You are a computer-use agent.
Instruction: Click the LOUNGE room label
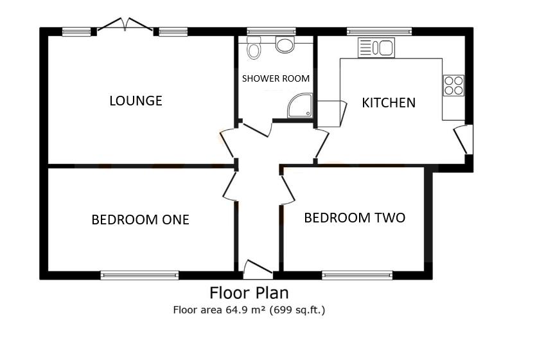136,101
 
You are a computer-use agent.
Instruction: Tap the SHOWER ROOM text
276,78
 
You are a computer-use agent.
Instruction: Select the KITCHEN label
389,103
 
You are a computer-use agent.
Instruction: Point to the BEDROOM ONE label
140,220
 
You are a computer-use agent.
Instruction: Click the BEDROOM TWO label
355,218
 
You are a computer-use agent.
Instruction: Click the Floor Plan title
249,293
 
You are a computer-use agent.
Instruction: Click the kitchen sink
376,48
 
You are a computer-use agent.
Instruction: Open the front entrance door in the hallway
258,267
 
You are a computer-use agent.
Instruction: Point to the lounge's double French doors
125,26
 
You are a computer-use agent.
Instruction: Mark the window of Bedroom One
139,275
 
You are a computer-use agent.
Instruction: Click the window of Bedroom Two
357,275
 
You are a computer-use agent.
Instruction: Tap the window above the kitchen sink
379,30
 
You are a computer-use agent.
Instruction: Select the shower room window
271,30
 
